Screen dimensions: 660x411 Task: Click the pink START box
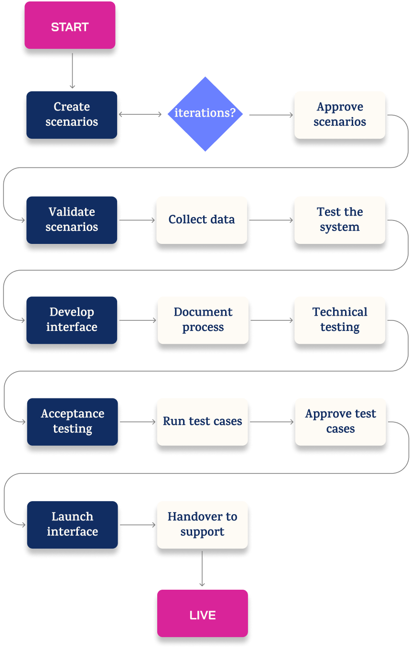pyautogui.click(x=70, y=26)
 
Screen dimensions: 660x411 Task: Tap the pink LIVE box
pyautogui.click(x=202, y=614)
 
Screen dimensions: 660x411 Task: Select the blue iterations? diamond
pyautogui.click(x=205, y=114)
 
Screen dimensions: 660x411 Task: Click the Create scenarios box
pyautogui.click(x=72, y=115)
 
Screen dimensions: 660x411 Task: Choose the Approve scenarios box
pyautogui.click(x=340, y=115)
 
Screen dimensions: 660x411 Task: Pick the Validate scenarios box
pyautogui.click(x=72, y=220)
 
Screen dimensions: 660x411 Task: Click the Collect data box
pyautogui.click(x=202, y=220)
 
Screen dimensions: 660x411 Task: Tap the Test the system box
pyautogui.click(x=340, y=220)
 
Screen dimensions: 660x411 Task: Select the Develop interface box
pyautogui.click(x=72, y=320)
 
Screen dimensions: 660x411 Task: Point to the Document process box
pyautogui.click(x=203, y=320)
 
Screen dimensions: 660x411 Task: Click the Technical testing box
pyautogui.click(x=340, y=320)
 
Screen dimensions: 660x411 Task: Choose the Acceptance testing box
pyautogui.click(x=72, y=422)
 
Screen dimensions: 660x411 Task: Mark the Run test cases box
pyautogui.click(x=202, y=422)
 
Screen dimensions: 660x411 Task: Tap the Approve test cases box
pyautogui.click(x=340, y=422)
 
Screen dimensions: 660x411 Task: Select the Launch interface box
pyautogui.click(x=72, y=525)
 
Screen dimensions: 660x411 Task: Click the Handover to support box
pyautogui.click(x=202, y=525)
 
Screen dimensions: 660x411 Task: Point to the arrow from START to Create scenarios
pyautogui.click(x=72, y=70)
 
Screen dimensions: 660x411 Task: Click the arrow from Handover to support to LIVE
pyautogui.click(x=202, y=569)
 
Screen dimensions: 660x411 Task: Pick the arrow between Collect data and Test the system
pyautogui.click(x=271, y=220)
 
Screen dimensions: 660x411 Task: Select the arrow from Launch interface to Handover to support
pyautogui.click(x=138, y=525)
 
